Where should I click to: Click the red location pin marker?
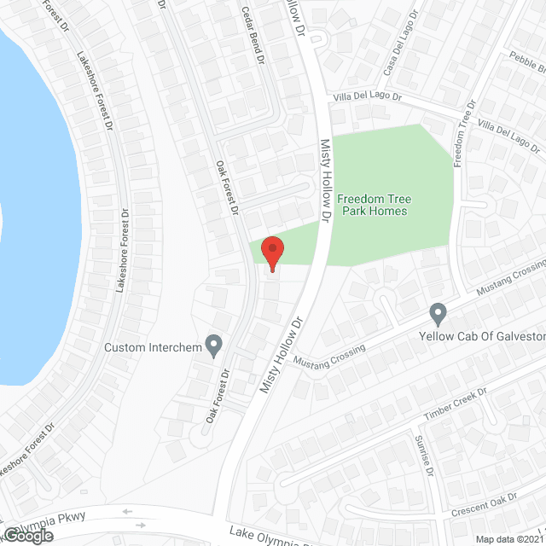[272, 253]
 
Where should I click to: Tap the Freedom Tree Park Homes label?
[372, 205]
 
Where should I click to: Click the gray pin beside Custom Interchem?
[214, 346]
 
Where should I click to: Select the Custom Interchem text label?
[151, 347]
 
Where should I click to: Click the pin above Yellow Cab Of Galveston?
[439, 314]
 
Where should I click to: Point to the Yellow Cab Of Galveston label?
[482, 336]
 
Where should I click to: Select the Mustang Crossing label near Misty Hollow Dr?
[328, 357]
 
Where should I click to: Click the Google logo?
[26, 536]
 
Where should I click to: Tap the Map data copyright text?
[509, 539]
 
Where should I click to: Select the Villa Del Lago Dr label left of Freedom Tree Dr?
[366, 97]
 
